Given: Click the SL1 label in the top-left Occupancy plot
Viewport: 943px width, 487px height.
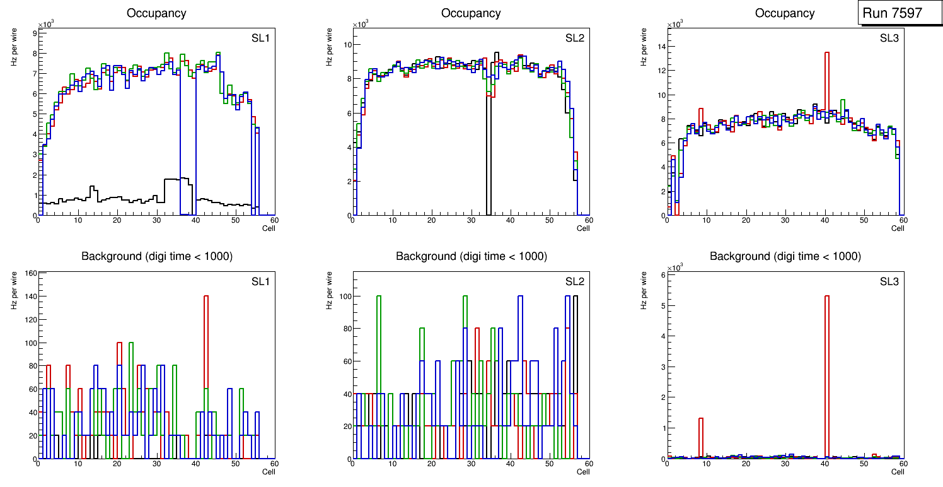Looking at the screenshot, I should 261,38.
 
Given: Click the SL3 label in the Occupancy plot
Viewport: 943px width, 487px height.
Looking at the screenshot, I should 889,38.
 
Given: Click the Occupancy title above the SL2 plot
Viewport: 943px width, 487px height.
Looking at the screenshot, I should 471,13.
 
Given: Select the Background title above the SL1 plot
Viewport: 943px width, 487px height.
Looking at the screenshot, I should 156,257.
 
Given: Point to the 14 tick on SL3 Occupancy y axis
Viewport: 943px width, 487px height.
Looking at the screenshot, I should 661,46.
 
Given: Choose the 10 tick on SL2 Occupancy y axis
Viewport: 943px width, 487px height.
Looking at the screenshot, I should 347,45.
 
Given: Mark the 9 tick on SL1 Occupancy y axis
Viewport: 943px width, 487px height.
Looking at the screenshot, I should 34,32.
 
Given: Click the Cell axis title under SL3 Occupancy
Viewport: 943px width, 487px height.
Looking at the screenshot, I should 898,228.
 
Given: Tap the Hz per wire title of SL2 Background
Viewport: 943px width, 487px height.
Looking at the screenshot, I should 329,290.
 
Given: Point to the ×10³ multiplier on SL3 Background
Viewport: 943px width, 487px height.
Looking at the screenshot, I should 675,267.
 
